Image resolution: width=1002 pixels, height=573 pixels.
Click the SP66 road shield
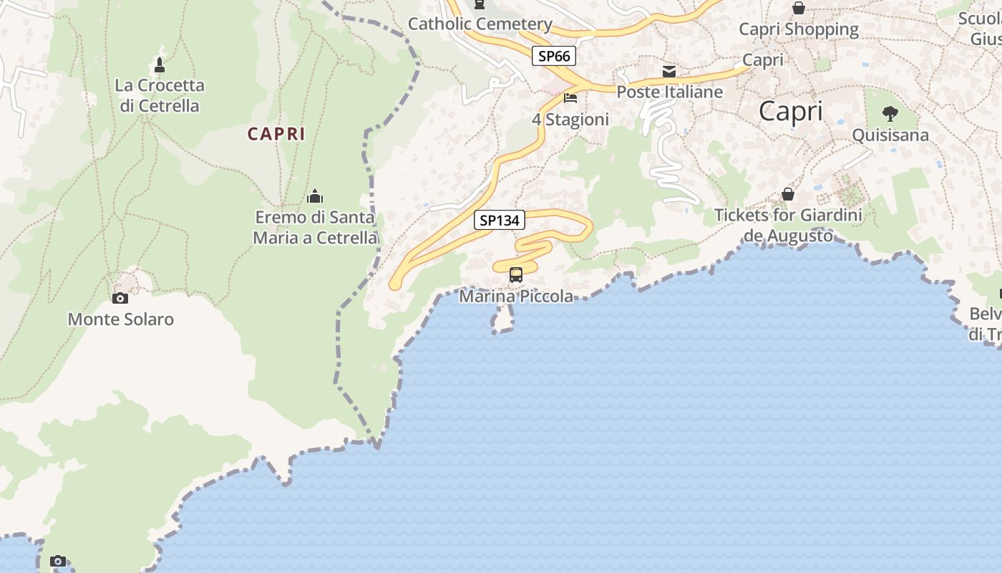click(554, 56)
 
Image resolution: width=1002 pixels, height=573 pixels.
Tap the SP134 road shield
click(499, 221)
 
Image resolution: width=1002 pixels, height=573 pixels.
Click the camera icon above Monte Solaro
click(120, 298)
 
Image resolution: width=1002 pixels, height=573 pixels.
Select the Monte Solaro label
click(120, 319)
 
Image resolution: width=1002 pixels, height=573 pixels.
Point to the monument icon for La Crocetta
click(160, 65)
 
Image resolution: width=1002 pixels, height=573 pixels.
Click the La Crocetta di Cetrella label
click(160, 95)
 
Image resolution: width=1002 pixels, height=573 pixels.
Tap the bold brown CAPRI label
click(276, 134)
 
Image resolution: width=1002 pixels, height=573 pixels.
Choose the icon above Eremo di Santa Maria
click(315, 196)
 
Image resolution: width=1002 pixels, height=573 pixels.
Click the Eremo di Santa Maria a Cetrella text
click(315, 227)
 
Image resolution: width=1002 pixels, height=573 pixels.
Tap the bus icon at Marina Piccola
click(515, 274)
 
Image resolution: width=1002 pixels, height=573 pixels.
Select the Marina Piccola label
click(516, 297)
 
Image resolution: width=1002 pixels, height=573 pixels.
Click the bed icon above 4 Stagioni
click(570, 97)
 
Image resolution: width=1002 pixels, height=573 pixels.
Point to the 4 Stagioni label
click(570, 120)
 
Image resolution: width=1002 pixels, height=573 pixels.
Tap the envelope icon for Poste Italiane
click(669, 71)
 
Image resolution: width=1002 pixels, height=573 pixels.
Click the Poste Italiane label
click(670, 92)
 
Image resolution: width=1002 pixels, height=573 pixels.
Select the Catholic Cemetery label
click(480, 24)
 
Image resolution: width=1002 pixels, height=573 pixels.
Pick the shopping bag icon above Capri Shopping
click(799, 8)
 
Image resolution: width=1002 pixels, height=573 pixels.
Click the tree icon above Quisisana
click(890, 113)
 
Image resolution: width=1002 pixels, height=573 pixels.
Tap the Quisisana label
click(890, 135)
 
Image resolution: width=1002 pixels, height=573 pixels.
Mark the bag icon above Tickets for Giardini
click(788, 194)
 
